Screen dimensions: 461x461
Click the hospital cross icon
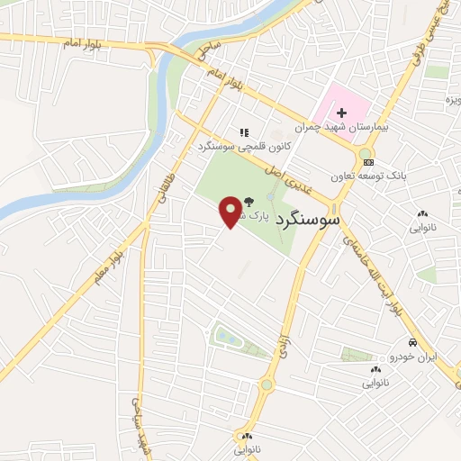341,113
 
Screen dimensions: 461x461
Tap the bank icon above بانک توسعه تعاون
367,161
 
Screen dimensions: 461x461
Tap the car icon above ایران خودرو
411,343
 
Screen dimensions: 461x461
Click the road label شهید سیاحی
140,423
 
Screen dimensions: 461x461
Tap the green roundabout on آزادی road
267,385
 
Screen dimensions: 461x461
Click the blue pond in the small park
224,338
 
